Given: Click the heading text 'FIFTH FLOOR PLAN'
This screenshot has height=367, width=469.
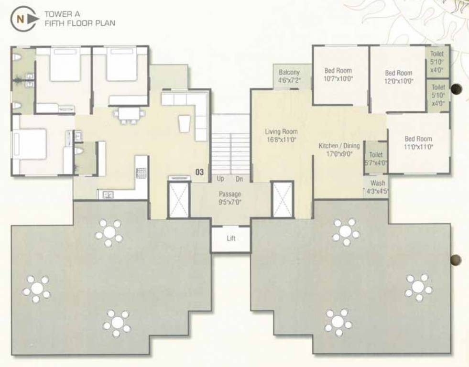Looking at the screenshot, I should click(x=80, y=23).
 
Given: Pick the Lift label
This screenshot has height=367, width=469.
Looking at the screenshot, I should click(x=231, y=238).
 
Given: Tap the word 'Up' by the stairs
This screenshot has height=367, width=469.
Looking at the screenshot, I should click(x=220, y=179).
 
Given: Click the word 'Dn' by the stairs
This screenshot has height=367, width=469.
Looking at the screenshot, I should click(x=240, y=179).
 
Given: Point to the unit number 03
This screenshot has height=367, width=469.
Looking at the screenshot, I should click(x=200, y=172).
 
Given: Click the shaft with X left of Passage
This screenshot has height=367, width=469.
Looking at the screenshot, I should click(x=179, y=199).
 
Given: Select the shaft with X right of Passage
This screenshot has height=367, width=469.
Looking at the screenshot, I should click(x=282, y=199).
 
